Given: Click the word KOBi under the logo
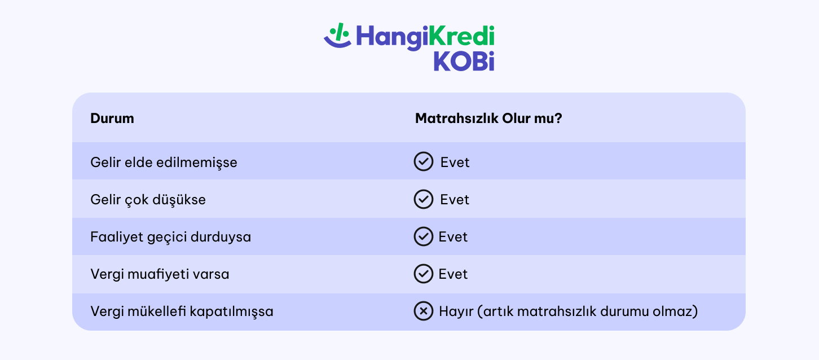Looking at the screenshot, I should pyautogui.click(x=464, y=62).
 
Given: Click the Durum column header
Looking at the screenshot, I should pyautogui.click(x=112, y=118).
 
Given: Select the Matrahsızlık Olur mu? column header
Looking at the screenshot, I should pyautogui.click(x=488, y=118).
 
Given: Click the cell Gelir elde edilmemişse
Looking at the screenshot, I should pyautogui.click(x=164, y=163).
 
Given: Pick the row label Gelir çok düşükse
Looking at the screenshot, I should pyautogui.click(x=148, y=200).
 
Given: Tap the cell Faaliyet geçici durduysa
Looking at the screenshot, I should pyautogui.click(x=170, y=237).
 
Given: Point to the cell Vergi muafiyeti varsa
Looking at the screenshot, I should pyautogui.click(x=160, y=274).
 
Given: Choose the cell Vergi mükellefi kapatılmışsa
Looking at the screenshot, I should pyautogui.click(x=182, y=311).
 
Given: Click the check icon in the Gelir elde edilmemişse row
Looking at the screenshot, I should pyautogui.click(x=423, y=162).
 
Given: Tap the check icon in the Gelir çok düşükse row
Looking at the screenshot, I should pyautogui.click(x=423, y=199).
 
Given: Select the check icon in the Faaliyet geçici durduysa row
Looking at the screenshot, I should pyautogui.click(x=423, y=236).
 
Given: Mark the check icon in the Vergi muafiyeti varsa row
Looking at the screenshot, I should pyautogui.click(x=423, y=274).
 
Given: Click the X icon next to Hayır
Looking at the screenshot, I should pyautogui.click(x=423, y=311).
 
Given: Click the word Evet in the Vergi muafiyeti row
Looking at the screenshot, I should pyautogui.click(x=453, y=274).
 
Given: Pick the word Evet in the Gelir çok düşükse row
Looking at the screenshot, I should pyautogui.click(x=455, y=200).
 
